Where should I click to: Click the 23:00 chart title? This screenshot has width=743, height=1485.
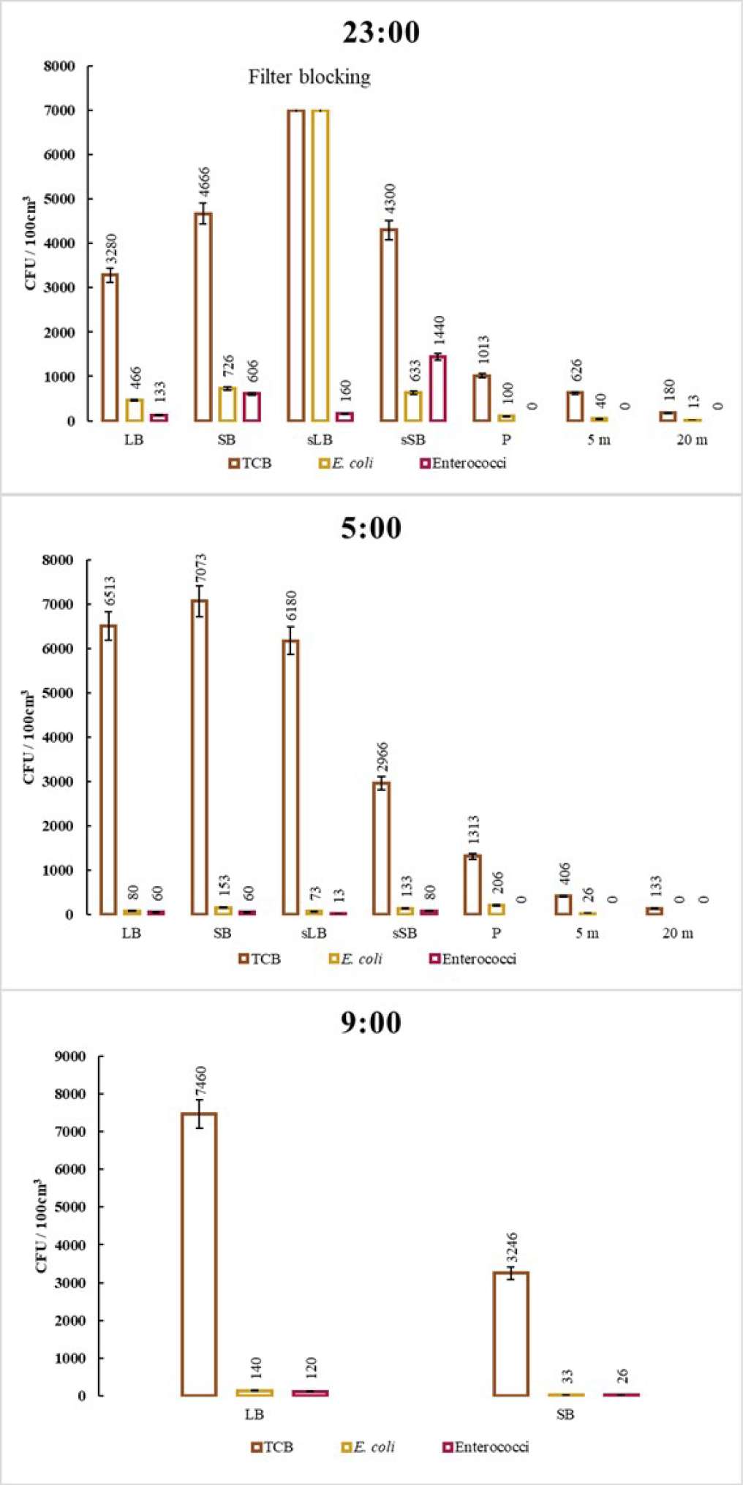[381, 32]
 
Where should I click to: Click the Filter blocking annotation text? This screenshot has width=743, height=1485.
[309, 77]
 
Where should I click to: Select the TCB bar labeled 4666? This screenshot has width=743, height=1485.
[203, 317]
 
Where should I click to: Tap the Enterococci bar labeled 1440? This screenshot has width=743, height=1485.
[437, 388]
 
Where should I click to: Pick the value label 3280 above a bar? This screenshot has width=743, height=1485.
[111, 249]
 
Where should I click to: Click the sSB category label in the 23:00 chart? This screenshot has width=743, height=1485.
[412, 440]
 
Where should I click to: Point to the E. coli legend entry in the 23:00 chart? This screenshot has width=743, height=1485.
[346, 463]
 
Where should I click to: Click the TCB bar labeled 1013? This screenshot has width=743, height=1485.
[481, 398]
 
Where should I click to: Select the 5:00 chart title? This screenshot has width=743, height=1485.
[371, 527]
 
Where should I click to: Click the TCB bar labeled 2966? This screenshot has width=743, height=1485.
[381, 848]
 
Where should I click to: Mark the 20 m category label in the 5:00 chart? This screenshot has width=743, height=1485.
[678, 934]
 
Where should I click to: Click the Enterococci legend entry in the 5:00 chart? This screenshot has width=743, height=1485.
[473, 959]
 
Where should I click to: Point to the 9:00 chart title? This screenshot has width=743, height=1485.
[371, 1022]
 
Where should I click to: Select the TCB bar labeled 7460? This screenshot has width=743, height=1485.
[199, 1254]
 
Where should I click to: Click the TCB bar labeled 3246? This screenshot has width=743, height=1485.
[510, 1334]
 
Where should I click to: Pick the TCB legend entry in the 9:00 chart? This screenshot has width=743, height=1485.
[272, 1446]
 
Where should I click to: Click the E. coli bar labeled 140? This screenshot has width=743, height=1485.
[254, 1393]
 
